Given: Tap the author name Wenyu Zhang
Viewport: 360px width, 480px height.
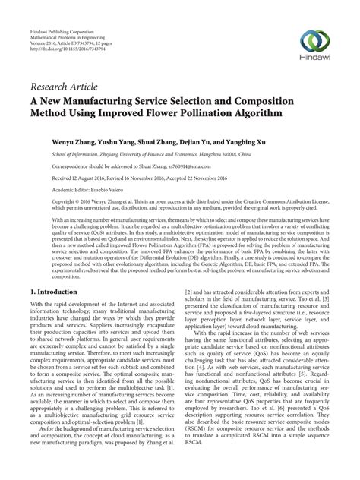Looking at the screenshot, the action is [x=71, y=141].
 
